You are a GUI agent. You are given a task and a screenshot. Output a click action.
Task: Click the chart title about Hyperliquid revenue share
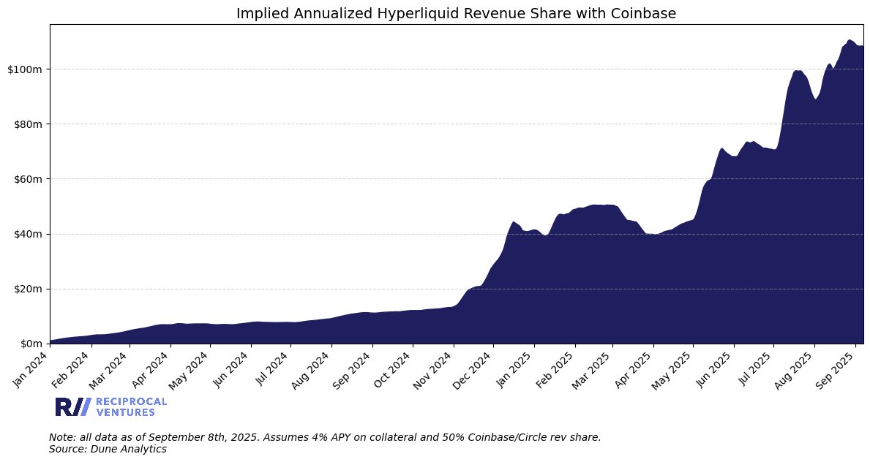(x=456, y=12)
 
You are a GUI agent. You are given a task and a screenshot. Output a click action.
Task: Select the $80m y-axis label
(x=28, y=124)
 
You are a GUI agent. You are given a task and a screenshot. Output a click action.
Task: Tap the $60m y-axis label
(x=28, y=179)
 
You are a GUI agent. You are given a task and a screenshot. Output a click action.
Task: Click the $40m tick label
(x=28, y=234)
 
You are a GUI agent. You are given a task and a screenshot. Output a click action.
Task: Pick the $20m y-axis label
(x=28, y=289)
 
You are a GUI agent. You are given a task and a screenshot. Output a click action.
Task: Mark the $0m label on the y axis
(x=30, y=344)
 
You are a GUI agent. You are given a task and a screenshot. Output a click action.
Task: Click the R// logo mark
(x=72, y=407)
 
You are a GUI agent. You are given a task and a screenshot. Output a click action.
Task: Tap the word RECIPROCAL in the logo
(x=131, y=401)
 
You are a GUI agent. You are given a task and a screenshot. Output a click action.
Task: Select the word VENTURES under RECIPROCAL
(x=125, y=412)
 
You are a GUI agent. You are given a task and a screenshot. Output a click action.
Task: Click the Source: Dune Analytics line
(x=108, y=449)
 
